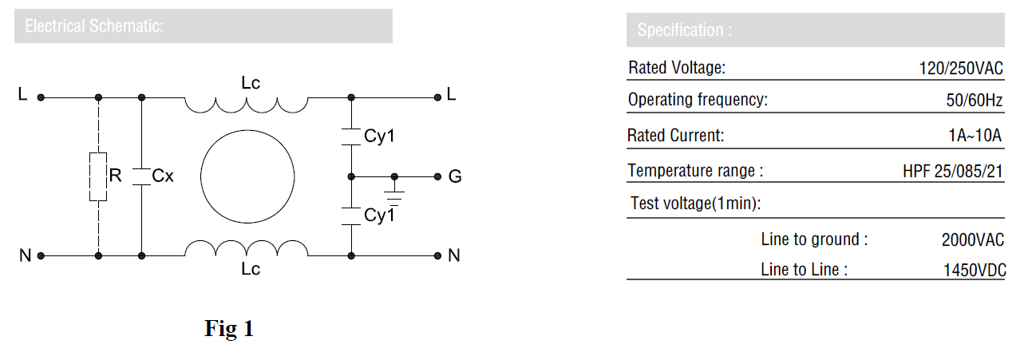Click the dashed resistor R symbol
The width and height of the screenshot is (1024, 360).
[x=98, y=176]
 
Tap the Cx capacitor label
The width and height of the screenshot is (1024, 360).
[x=163, y=176]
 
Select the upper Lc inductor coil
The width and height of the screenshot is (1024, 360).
[x=247, y=105]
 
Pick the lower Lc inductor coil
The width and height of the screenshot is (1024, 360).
[x=247, y=248]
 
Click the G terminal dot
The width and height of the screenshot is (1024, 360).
[x=437, y=176]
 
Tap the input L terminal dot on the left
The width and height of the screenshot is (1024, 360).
[x=41, y=97]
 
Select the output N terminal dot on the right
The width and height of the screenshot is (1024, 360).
[x=437, y=255]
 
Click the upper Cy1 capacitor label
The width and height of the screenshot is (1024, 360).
[x=379, y=136]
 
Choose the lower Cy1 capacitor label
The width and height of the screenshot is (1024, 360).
[x=379, y=215]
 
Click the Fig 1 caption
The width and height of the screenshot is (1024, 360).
[x=229, y=328]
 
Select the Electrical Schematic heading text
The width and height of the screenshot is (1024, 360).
[x=94, y=26]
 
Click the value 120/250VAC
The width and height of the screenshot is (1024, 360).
[x=961, y=68]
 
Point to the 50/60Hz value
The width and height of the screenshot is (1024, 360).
[x=975, y=101]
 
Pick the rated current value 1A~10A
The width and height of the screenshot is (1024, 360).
[x=975, y=136]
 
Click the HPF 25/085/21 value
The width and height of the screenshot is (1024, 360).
[x=953, y=171]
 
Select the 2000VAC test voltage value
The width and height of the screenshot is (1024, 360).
[x=973, y=239]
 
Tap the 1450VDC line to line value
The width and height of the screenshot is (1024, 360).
[x=975, y=270]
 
